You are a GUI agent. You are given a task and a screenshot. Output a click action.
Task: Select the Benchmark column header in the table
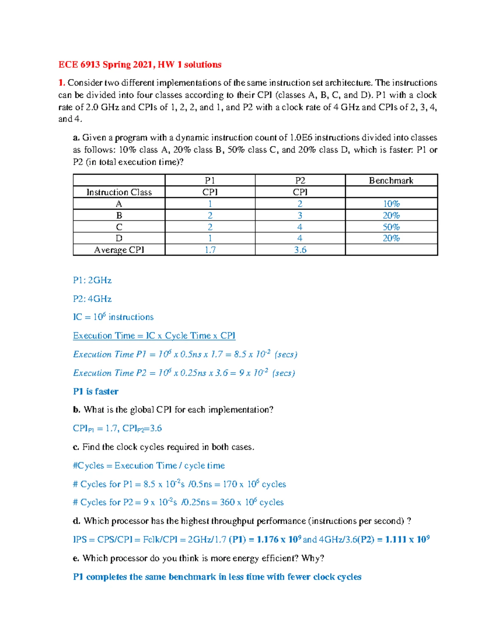(391, 180)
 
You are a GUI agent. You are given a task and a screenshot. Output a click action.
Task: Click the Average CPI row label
(119, 250)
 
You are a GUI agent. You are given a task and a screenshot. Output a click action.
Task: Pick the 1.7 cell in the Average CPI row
(210, 250)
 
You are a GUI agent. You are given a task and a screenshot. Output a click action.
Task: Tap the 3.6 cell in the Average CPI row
(300, 250)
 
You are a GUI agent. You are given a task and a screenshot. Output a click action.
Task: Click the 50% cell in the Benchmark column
(391, 227)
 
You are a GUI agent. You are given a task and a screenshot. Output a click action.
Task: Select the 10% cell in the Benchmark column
(391, 204)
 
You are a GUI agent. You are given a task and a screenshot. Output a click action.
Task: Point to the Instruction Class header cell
(119, 192)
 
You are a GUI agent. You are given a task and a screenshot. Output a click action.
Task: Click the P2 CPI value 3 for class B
(300, 215)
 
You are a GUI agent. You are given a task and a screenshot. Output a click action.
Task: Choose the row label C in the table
(119, 227)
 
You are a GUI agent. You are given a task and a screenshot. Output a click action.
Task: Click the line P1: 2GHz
(92, 280)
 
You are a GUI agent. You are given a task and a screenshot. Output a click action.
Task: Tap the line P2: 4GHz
(92, 299)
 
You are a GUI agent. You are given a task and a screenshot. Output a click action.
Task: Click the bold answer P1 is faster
(95, 391)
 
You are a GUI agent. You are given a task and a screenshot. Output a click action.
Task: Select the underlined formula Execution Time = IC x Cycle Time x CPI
(154, 336)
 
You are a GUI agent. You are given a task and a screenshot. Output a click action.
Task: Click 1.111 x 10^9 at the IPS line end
(407, 539)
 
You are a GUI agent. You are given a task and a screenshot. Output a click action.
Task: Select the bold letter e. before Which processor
(76, 558)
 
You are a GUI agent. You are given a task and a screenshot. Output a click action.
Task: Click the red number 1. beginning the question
(62, 83)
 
